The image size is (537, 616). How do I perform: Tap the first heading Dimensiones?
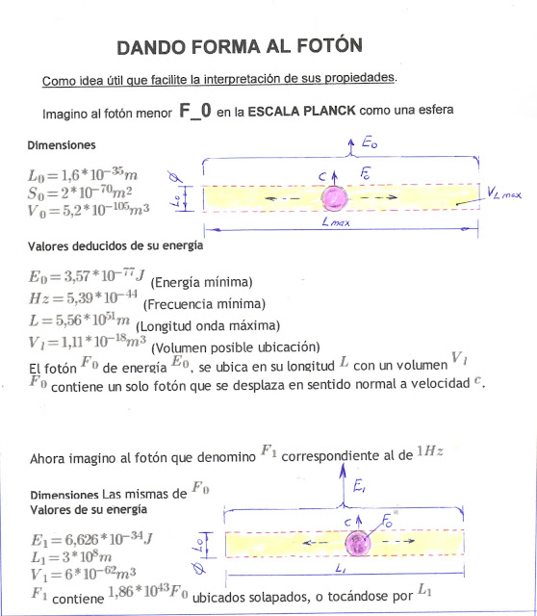[x=62, y=145]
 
